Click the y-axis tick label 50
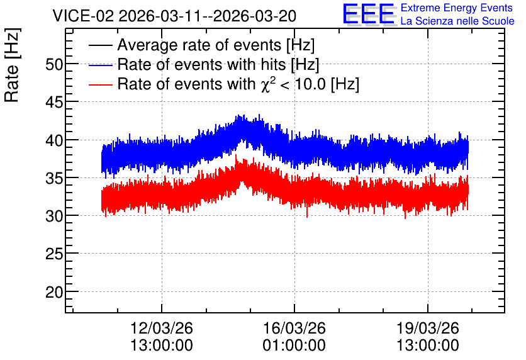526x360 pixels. [54, 64]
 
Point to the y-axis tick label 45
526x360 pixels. [54, 102]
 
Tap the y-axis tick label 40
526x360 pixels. [54, 140]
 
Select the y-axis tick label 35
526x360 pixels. [54, 178]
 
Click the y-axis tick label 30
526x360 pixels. [54, 216]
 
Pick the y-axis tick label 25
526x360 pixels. [54, 254]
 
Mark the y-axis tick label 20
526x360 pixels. [54, 292]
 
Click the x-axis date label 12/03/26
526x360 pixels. [161, 328]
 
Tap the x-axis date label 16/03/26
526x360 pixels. [294, 328]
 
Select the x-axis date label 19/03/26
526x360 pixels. [427, 328]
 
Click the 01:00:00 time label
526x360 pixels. [294, 346]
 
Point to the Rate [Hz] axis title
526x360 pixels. [12, 65]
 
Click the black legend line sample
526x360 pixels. [100, 45]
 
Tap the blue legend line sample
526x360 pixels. [100, 65]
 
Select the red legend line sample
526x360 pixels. [100, 84]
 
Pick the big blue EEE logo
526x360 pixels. [369, 14]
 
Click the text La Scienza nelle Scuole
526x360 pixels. [457, 21]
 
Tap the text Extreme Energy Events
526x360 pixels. [457, 8]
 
